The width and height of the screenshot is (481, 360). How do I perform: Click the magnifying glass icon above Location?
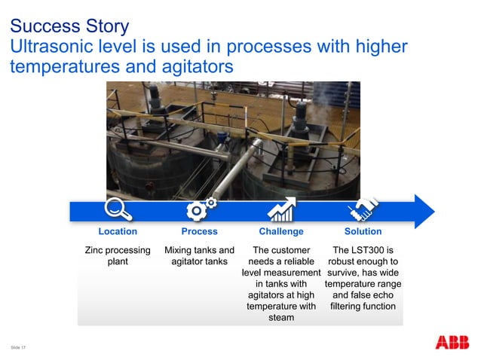coord(118,209)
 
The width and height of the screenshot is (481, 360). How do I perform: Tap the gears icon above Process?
coord(200,209)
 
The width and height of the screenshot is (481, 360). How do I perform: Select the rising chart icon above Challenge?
coord(281,209)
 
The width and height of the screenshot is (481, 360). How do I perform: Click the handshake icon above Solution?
coord(363,209)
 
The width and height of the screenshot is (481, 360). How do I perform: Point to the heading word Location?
coord(118,231)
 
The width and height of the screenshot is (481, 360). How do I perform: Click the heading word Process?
coord(200,231)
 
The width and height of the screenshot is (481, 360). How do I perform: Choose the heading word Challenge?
coord(281,231)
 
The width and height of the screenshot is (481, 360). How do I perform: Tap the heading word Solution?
coord(363,231)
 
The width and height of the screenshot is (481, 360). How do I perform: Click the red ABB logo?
coord(452,343)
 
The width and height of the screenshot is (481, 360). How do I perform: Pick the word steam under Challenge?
coord(281,319)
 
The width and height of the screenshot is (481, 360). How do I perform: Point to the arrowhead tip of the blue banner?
coord(434,210)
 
